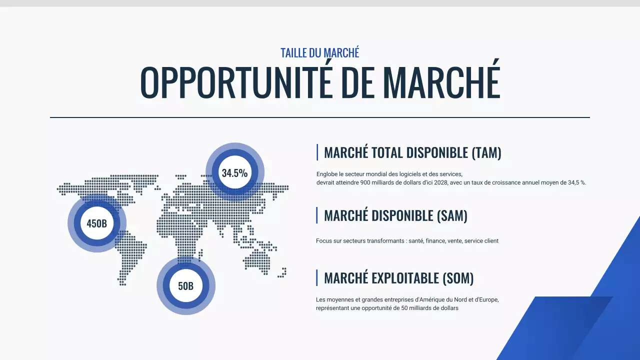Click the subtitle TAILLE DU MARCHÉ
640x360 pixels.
pyautogui.click(x=319, y=52)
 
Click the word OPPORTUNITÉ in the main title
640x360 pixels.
pyautogui.click(x=236, y=81)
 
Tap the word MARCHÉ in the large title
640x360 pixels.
pyautogui.click(x=441, y=81)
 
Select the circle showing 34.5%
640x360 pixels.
pyautogui.click(x=235, y=173)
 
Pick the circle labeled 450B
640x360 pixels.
pyautogui.click(x=97, y=223)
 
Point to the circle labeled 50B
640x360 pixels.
pyautogui.click(x=186, y=286)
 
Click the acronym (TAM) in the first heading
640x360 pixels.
pyautogui.click(x=486, y=153)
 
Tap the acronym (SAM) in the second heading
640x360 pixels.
pyautogui.click(x=452, y=216)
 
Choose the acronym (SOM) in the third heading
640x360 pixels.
pyautogui.click(x=458, y=278)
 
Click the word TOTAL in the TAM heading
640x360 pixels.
pyautogui.click(x=388, y=153)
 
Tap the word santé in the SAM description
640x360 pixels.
pyautogui.click(x=416, y=241)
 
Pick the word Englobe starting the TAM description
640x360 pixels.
pyautogui.click(x=326, y=174)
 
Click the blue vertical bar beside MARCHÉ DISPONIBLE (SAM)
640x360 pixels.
pyautogui.click(x=317, y=215)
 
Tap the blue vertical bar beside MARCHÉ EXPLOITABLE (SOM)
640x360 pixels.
pyautogui.click(x=317, y=277)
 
